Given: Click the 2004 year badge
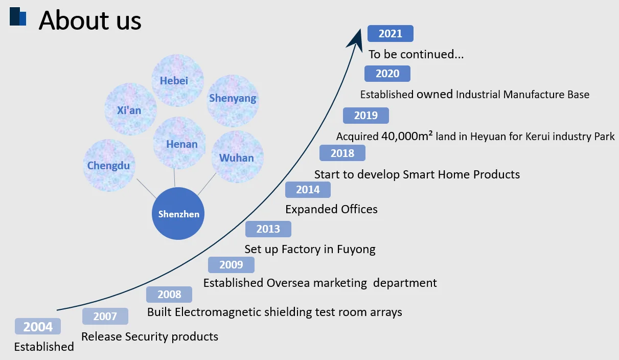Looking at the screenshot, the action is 38,326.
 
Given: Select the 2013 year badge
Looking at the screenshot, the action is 268,229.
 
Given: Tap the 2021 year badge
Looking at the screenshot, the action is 391,33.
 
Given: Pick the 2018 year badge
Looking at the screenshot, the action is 342,153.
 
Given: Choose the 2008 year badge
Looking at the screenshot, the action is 169,295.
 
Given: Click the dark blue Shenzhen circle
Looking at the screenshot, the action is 178,213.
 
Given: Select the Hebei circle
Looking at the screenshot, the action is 177,80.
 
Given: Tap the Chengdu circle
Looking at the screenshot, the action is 109,165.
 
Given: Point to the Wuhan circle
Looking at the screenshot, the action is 237,157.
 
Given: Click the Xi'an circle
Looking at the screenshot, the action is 130,109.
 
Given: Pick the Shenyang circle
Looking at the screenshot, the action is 233,101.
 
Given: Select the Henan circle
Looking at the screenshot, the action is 179,143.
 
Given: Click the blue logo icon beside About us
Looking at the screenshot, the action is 18,16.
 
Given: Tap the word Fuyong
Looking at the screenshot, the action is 356,250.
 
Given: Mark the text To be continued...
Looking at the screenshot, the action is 416,54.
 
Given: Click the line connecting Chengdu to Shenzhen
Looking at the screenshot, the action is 147,188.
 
